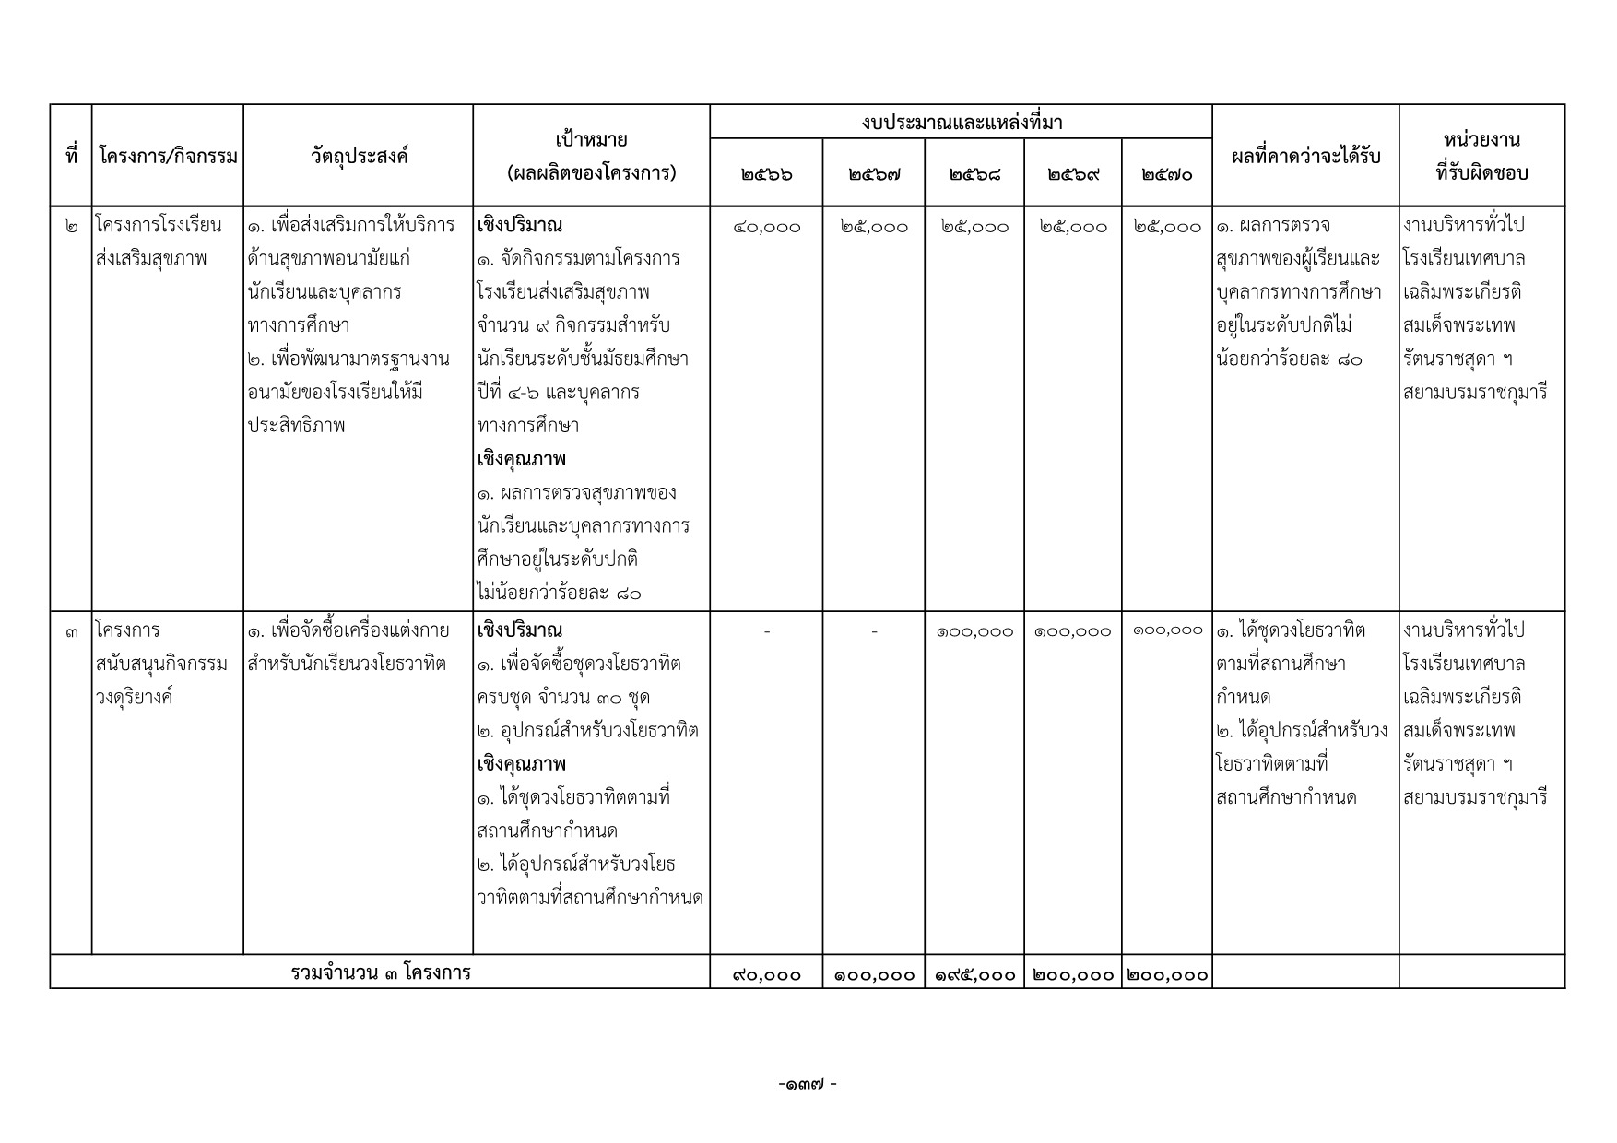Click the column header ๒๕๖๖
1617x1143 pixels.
(x=766, y=173)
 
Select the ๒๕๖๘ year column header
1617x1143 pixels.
(x=974, y=173)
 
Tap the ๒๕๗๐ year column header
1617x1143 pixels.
(x=1166, y=173)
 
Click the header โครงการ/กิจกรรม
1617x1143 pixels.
(x=167, y=157)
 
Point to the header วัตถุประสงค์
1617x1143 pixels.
(x=359, y=157)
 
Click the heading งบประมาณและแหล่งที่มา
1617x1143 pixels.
(x=961, y=122)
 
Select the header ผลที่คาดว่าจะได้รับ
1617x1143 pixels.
(x=1305, y=157)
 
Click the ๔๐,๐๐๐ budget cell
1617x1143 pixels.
(x=766, y=227)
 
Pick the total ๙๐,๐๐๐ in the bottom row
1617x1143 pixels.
(x=766, y=974)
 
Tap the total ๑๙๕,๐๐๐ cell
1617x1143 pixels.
(x=974, y=974)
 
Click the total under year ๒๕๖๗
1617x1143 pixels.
(x=874, y=974)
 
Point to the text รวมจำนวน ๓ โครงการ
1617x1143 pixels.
(x=380, y=973)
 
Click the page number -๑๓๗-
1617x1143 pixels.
(x=808, y=1085)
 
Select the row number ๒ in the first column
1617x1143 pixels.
(x=71, y=227)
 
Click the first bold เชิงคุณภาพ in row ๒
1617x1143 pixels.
(x=522, y=459)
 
